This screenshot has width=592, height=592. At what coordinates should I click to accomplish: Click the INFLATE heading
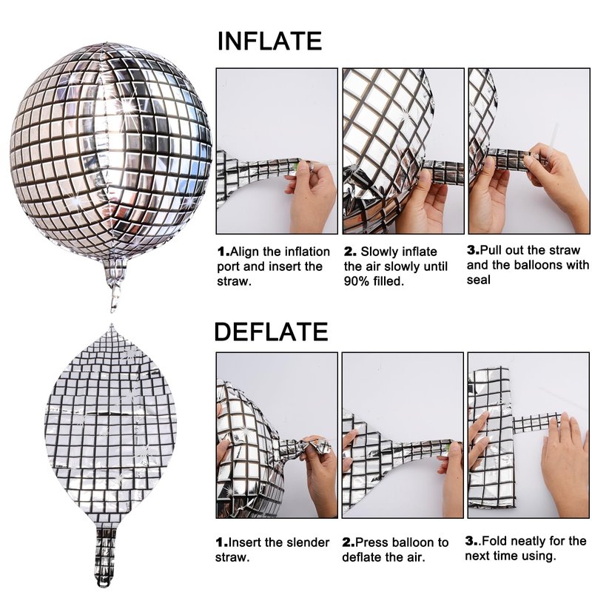pos(269,41)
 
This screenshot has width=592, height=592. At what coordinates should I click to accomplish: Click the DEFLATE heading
pos(271,332)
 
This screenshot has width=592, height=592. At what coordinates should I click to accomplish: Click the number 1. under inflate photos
pos(223,252)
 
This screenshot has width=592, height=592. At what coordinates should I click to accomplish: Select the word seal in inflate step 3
pos(478,280)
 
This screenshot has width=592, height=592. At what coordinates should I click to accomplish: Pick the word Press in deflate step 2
pos(371,542)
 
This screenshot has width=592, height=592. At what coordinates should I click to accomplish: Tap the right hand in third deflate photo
pos(565,465)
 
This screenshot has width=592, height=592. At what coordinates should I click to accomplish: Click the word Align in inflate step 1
pos(245,252)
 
